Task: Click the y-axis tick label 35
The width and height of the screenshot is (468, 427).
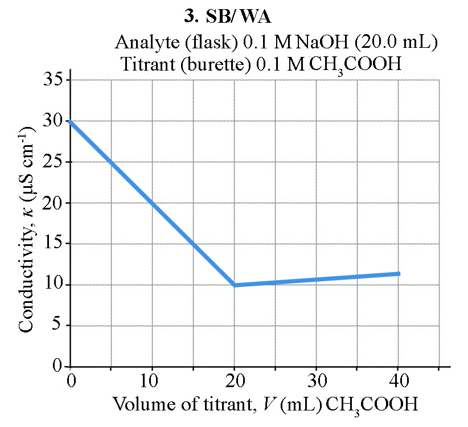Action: pos(53,80)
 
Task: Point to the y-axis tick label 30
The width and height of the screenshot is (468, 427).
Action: pos(53,121)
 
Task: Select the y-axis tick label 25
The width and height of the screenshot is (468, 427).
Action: pos(53,162)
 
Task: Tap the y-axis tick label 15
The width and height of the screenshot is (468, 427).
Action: pos(53,244)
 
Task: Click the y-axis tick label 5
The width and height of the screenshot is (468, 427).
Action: pos(58,326)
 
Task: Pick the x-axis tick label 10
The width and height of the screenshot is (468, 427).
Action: pos(152,380)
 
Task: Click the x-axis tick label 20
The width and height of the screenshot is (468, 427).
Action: pos(234,380)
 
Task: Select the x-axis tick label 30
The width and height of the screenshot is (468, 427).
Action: pos(316,380)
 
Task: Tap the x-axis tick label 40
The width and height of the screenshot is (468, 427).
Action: pos(398,380)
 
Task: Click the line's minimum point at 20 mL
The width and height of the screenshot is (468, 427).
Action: pos(235,285)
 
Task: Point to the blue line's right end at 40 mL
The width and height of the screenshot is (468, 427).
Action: pos(399,274)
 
